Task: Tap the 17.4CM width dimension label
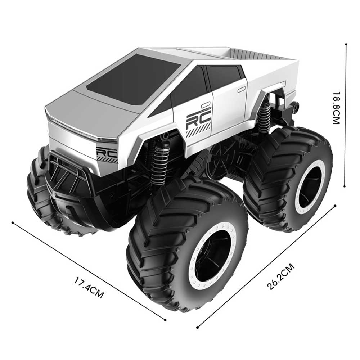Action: [89, 288]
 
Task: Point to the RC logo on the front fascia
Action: [107, 153]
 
